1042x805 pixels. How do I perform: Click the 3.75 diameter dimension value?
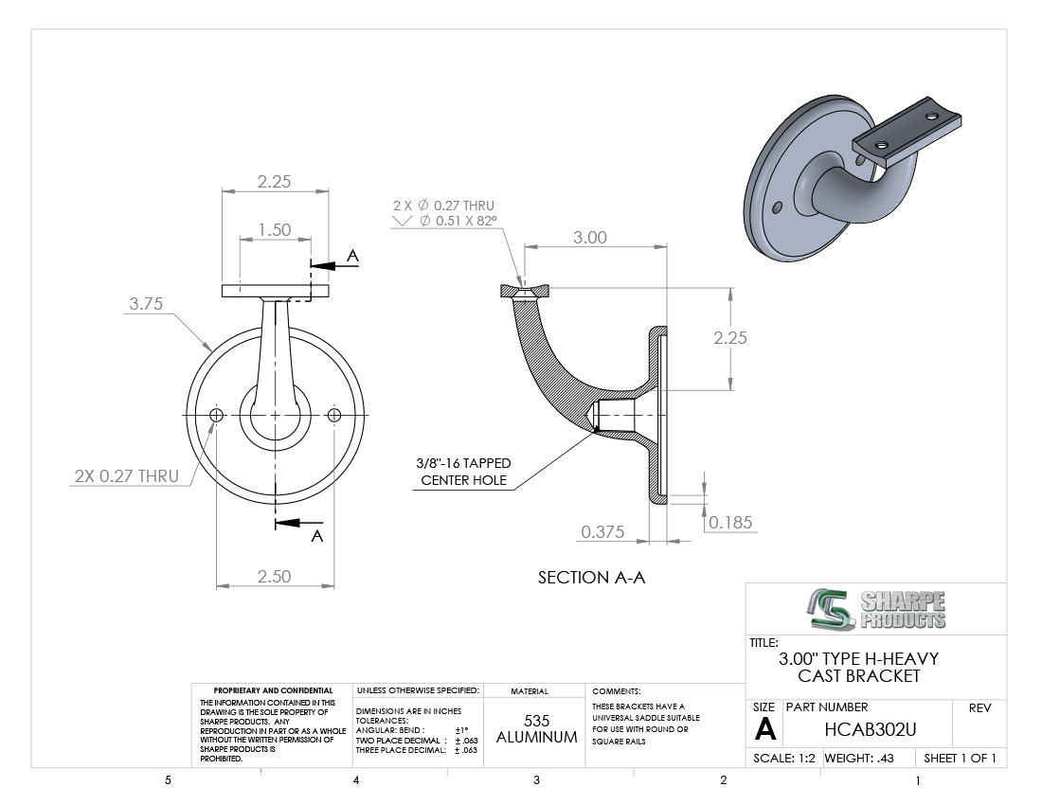146,304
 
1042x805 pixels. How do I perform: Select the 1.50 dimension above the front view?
275,230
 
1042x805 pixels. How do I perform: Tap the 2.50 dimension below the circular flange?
275,576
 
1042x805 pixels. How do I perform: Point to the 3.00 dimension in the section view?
590,237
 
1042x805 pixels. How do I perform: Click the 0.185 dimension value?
730,522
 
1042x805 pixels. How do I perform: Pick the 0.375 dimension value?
602,531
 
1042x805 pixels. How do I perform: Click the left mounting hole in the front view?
216,415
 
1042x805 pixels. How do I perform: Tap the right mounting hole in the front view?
334,415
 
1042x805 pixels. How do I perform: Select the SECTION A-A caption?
591,577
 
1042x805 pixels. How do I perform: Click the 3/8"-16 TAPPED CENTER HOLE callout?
464,472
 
